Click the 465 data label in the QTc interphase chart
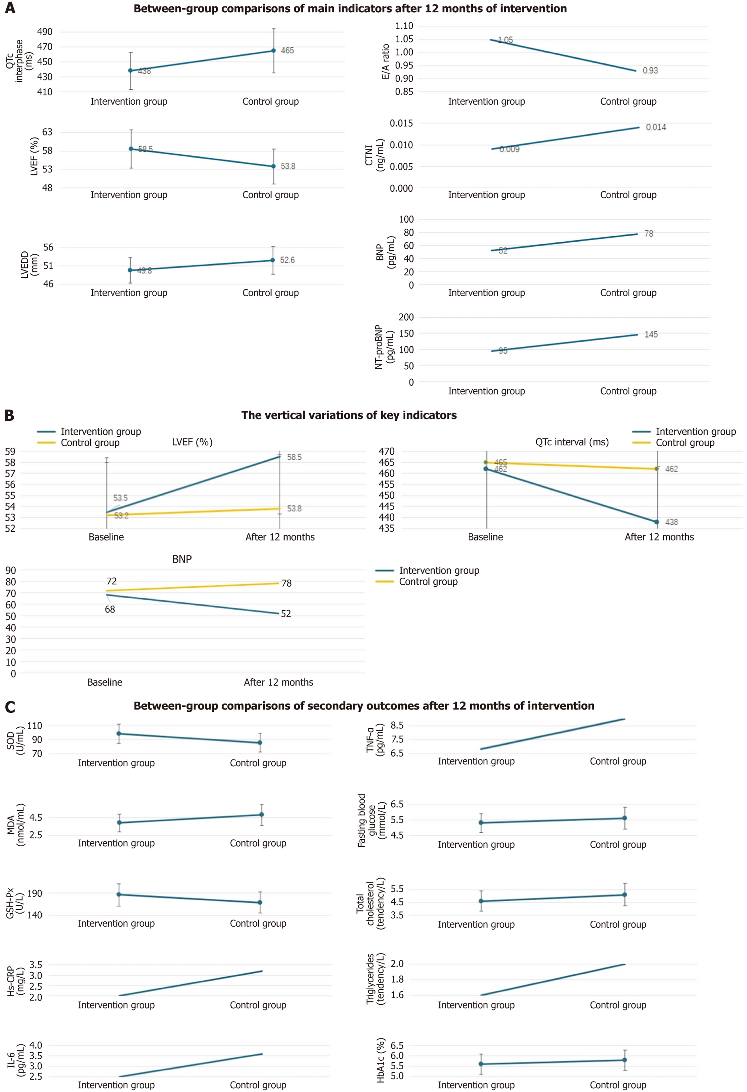287,50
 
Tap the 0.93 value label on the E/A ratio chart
650,71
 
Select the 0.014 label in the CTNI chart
656,127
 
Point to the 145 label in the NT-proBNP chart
651,334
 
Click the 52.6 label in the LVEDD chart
287,260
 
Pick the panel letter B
9,415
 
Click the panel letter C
9,707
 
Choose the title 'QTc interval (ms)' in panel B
572,442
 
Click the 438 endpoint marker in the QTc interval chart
657,522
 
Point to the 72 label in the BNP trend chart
111,581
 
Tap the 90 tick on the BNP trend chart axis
10,570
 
